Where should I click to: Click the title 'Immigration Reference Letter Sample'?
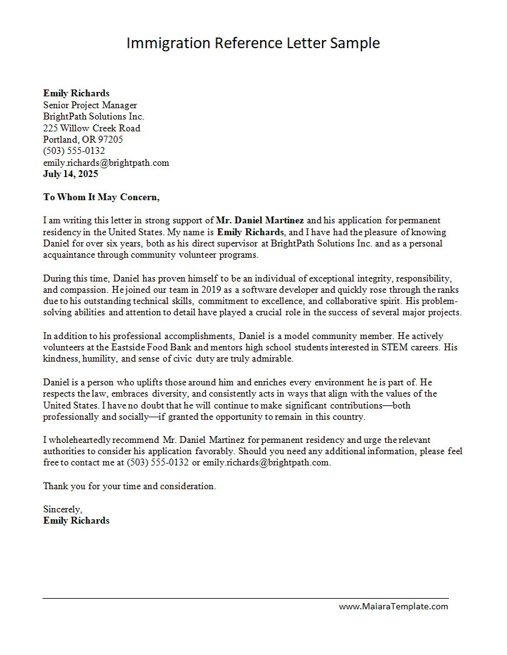pyautogui.click(x=253, y=43)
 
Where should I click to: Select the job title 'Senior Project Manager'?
pyautogui.click(x=90, y=105)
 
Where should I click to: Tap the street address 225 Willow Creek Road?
pyautogui.click(x=92, y=128)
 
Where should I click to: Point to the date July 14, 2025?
pyautogui.click(x=71, y=174)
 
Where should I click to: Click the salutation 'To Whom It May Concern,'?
pyautogui.click(x=101, y=197)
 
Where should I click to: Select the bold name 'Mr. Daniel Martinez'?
pyautogui.click(x=260, y=220)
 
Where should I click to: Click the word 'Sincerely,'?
pyautogui.click(x=63, y=509)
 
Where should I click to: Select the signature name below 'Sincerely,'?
pyautogui.click(x=76, y=520)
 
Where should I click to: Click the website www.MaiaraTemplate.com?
pyautogui.click(x=393, y=606)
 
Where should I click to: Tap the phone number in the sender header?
pyautogui.click(x=74, y=151)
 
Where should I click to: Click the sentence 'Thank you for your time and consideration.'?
pyautogui.click(x=129, y=486)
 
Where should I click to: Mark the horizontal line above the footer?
pyautogui.click(x=245, y=599)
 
